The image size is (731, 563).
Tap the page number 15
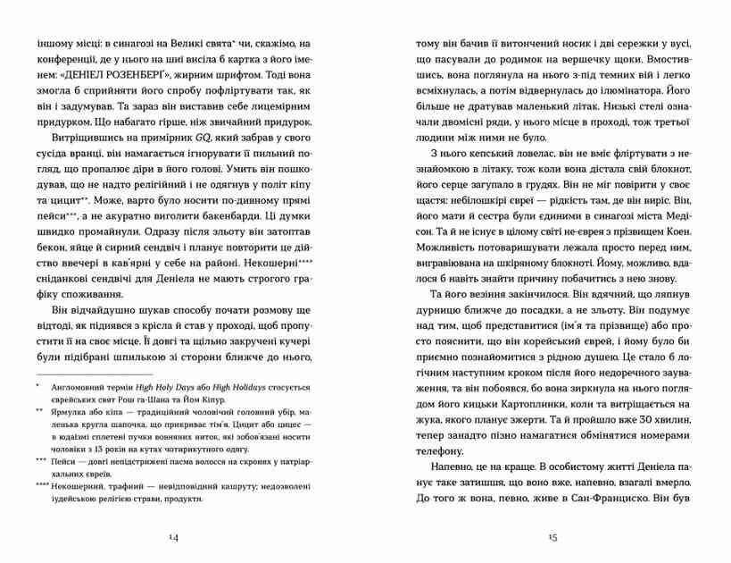coord(553,536)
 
